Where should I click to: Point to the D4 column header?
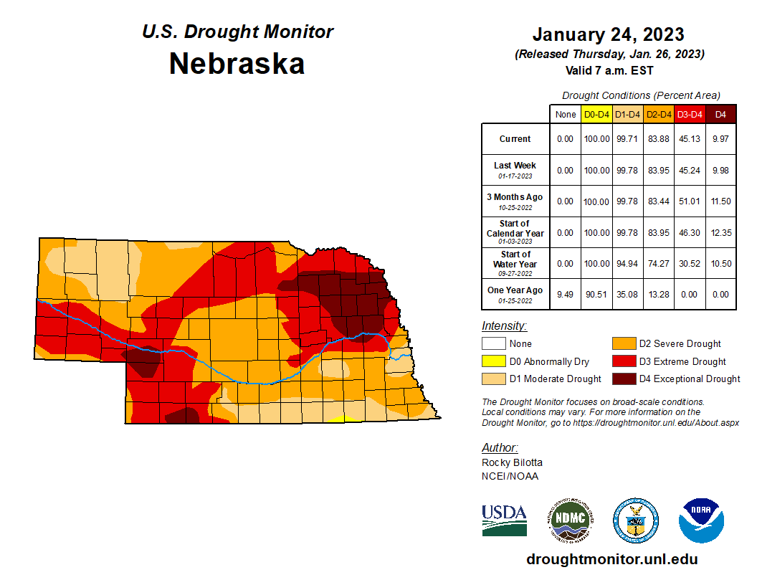pos(720,114)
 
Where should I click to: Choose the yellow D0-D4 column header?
pos(596,114)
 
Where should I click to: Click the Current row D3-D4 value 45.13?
pos(690,139)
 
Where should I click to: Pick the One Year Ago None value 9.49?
pos(566,294)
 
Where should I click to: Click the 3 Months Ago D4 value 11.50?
pos(720,201)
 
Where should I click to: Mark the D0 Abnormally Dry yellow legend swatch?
pos(492,361)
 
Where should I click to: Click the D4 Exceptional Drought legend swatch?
pos(622,379)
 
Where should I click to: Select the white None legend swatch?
pos(492,344)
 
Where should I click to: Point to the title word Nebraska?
pos(237,64)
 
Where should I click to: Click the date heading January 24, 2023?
pos(608,34)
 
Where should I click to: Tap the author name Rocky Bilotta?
pos(512,463)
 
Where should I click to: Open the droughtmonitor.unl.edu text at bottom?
pos(611,559)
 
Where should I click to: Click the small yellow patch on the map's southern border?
pos(345,418)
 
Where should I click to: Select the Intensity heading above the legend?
pos(504,326)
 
